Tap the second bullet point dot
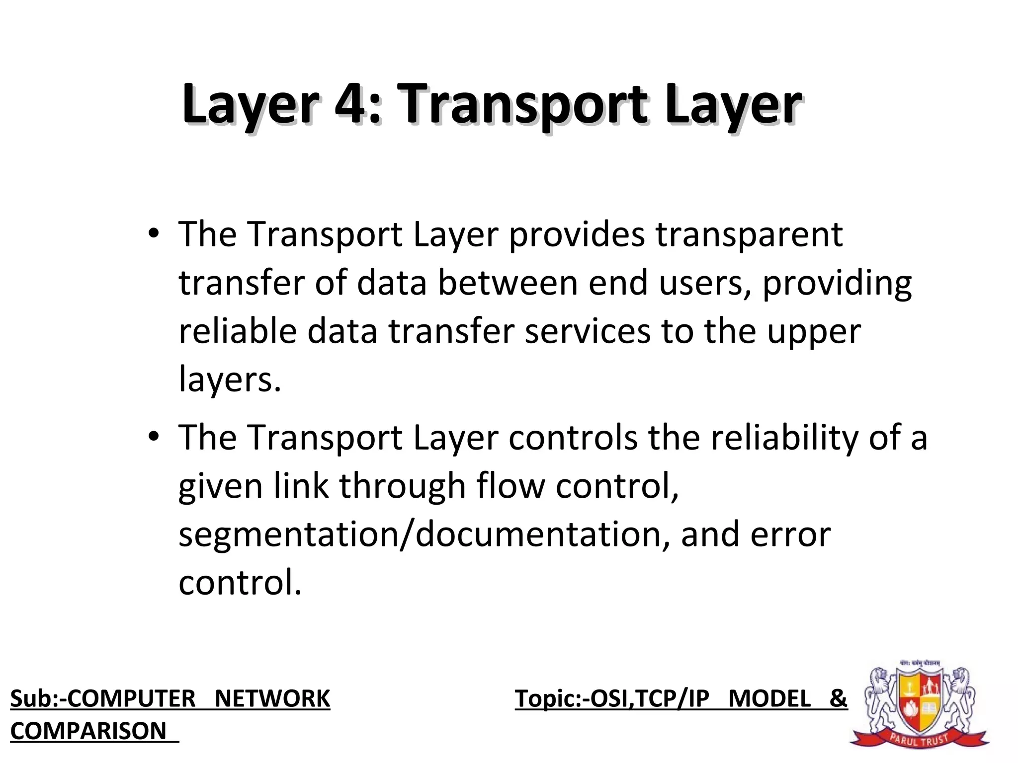(x=154, y=436)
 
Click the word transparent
(x=749, y=234)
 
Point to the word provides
(x=577, y=234)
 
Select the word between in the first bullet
(x=508, y=283)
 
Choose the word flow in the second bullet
(x=510, y=485)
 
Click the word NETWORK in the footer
(x=272, y=698)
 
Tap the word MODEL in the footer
(x=769, y=698)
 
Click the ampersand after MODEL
(x=838, y=698)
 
